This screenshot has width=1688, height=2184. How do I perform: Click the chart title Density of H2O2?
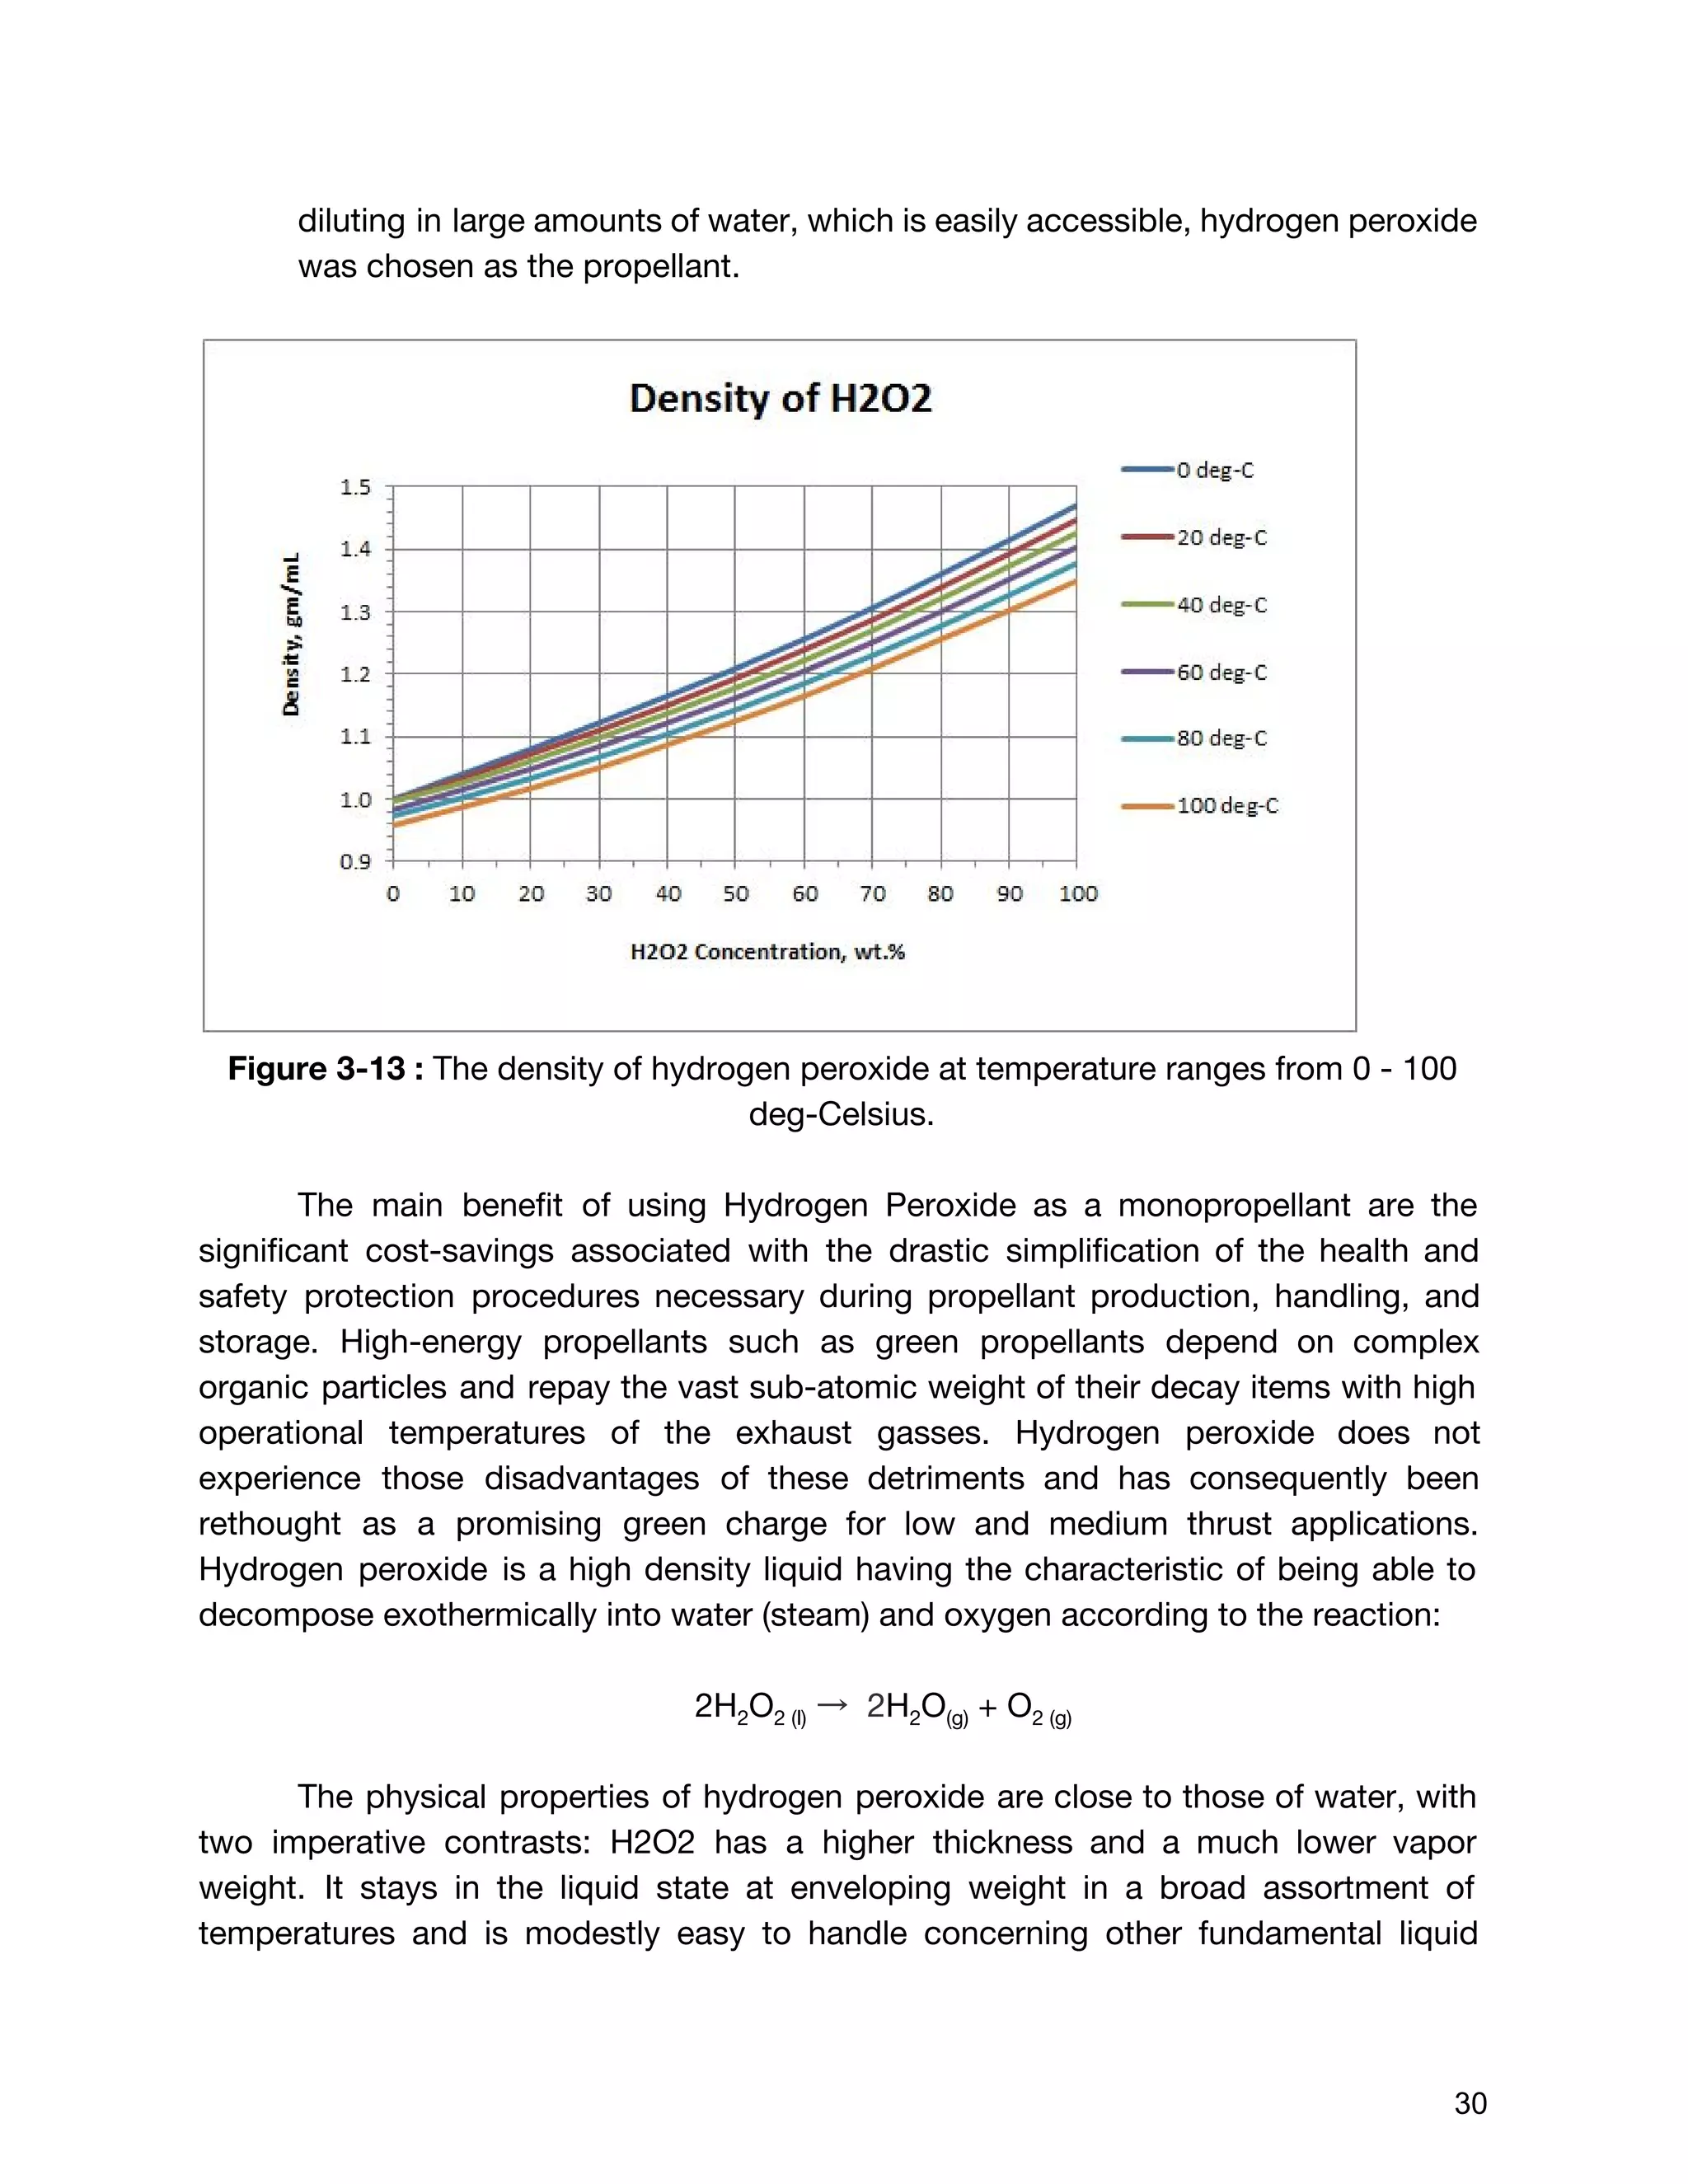click(x=780, y=399)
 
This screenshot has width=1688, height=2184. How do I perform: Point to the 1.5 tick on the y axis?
click(x=355, y=488)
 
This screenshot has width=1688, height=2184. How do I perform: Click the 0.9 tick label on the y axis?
click(x=355, y=862)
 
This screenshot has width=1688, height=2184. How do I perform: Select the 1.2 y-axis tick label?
click(x=355, y=675)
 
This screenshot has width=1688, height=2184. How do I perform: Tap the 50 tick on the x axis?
click(x=736, y=894)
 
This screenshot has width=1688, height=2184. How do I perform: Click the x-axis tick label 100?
click(x=1078, y=894)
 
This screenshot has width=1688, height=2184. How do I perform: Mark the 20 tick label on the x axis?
click(x=531, y=894)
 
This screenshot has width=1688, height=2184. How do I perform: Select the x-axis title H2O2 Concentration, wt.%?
click(x=767, y=952)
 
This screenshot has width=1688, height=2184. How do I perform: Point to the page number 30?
click(x=1470, y=2103)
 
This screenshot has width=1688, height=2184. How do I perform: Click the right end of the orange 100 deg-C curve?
click(x=1075, y=582)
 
